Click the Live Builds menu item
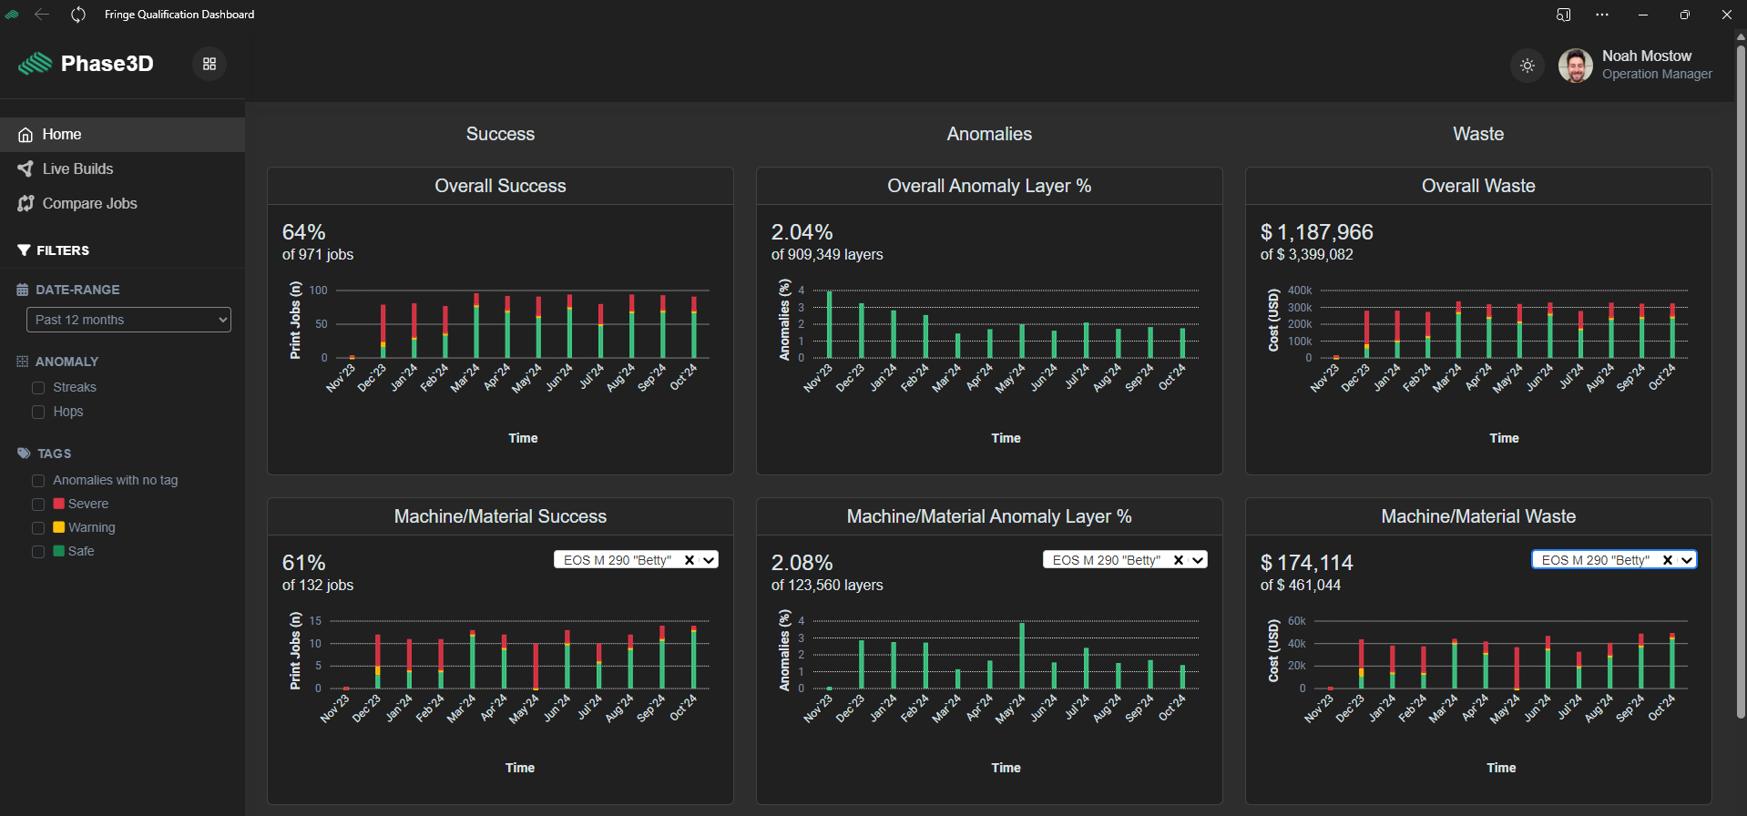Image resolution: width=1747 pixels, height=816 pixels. click(77, 168)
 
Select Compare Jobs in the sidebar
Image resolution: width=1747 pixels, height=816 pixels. click(89, 203)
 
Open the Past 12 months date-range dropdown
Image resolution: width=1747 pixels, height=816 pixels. click(128, 320)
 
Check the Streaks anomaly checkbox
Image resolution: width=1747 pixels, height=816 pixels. click(38, 388)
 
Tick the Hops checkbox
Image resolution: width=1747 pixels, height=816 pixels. click(38, 412)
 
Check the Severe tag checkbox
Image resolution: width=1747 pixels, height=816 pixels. click(38, 505)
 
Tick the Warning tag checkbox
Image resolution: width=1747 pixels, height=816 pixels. click(38, 528)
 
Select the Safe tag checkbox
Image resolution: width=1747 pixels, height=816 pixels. click(38, 552)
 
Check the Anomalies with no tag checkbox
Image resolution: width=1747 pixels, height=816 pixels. click(38, 481)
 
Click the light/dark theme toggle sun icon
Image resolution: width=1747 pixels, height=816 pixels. click(1527, 66)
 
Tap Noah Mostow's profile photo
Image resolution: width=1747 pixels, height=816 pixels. click(1576, 66)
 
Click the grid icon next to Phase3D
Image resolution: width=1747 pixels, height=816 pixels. click(209, 64)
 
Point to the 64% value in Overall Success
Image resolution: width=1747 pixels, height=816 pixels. click(304, 232)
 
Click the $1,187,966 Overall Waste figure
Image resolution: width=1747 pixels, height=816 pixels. click(1317, 232)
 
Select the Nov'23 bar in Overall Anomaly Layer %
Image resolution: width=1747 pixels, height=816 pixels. click(829, 324)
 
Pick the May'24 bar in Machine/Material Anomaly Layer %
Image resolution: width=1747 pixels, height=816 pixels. click(1022, 656)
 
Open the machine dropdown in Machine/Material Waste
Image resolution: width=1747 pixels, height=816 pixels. click(1614, 560)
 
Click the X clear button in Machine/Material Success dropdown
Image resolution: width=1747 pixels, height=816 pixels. click(690, 560)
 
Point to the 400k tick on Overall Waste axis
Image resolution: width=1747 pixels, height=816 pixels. click(1300, 291)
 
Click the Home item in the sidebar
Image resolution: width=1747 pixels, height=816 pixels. click(62, 134)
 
